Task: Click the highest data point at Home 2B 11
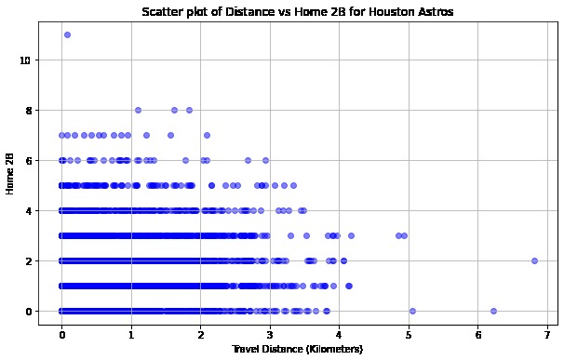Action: click(x=67, y=34)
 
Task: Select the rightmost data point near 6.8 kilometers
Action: click(x=534, y=260)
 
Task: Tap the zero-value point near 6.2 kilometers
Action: click(x=493, y=311)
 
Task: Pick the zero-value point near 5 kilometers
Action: click(x=412, y=311)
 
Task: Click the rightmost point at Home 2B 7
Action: click(x=207, y=135)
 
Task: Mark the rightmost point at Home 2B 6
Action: click(x=266, y=160)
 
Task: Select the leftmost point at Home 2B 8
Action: click(x=138, y=110)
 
